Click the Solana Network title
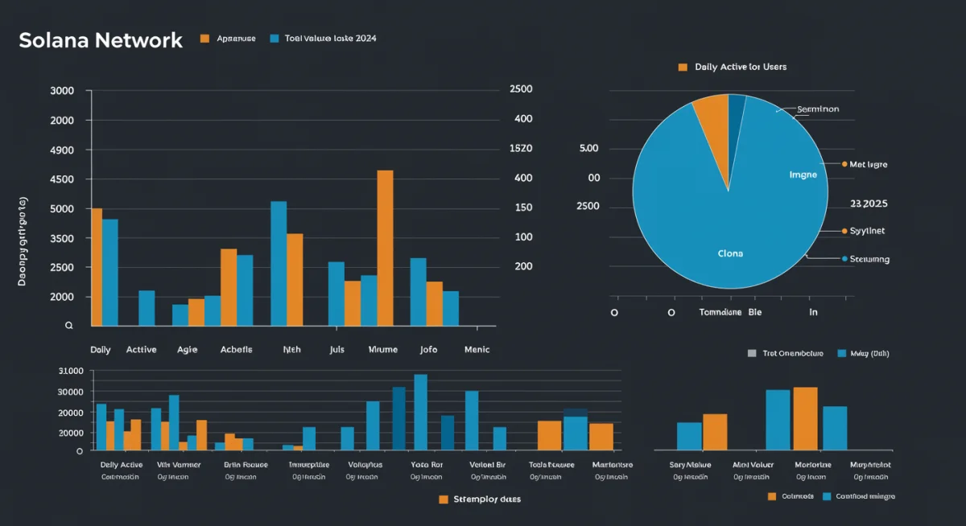pyautogui.click(x=101, y=40)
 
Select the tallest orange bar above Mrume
pyautogui.click(x=385, y=248)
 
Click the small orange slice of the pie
pyautogui.click(x=712, y=129)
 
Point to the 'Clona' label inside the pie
pyautogui.click(x=730, y=253)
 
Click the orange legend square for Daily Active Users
pyautogui.click(x=683, y=67)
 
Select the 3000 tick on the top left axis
pyautogui.click(x=62, y=91)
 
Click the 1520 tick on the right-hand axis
pyautogui.click(x=521, y=149)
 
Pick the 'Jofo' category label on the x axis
pyautogui.click(x=428, y=350)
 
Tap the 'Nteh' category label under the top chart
pyautogui.click(x=291, y=350)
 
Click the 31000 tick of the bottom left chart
pyautogui.click(x=71, y=371)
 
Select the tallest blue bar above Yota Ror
pyautogui.click(x=420, y=412)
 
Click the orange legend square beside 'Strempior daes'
pyautogui.click(x=443, y=499)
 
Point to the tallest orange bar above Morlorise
pyautogui.click(x=805, y=418)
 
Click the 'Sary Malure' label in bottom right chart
pyautogui.click(x=691, y=465)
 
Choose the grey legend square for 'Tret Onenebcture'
pyautogui.click(x=752, y=353)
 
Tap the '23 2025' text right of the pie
pyautogui.click(x=869, y=204)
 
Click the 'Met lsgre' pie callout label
pyautogui.click(x=869, y=164)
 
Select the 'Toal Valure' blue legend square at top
pyautogui.click(x=275, y=39)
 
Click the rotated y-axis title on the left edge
pyautogui.click(x=22, y=241)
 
